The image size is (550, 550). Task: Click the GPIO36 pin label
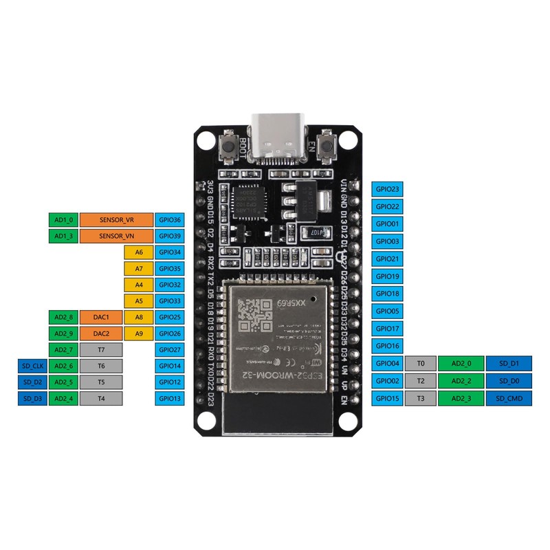pyautogui.click(x=168, y=220)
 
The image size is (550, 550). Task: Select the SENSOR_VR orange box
pyautogui.click(x=115, y=220)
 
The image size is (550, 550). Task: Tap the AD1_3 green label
pyautogui.click(x=63, y=236)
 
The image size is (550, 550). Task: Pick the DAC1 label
pyautogui.click(x=101, y=317)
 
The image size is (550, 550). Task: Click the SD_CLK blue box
pyautogui.click(x=32, y=366)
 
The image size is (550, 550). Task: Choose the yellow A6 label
pyautogui.click(x=139, y=252)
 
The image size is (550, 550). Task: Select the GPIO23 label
pyautogui.click(x=385, y=188)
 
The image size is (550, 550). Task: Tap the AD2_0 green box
pyautogui.click(x=461, y=363)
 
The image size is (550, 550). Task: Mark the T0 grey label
pyautogui.click(x=421, y=363)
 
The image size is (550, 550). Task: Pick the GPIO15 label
pyautogui.click(x=385, y=398)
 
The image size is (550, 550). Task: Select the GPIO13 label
pyautogui.click(x=168, y=398)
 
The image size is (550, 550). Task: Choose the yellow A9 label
pyautogui.click(x=139, y=333)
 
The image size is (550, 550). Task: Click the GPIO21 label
pyautogui.click(x=385, y=258)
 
